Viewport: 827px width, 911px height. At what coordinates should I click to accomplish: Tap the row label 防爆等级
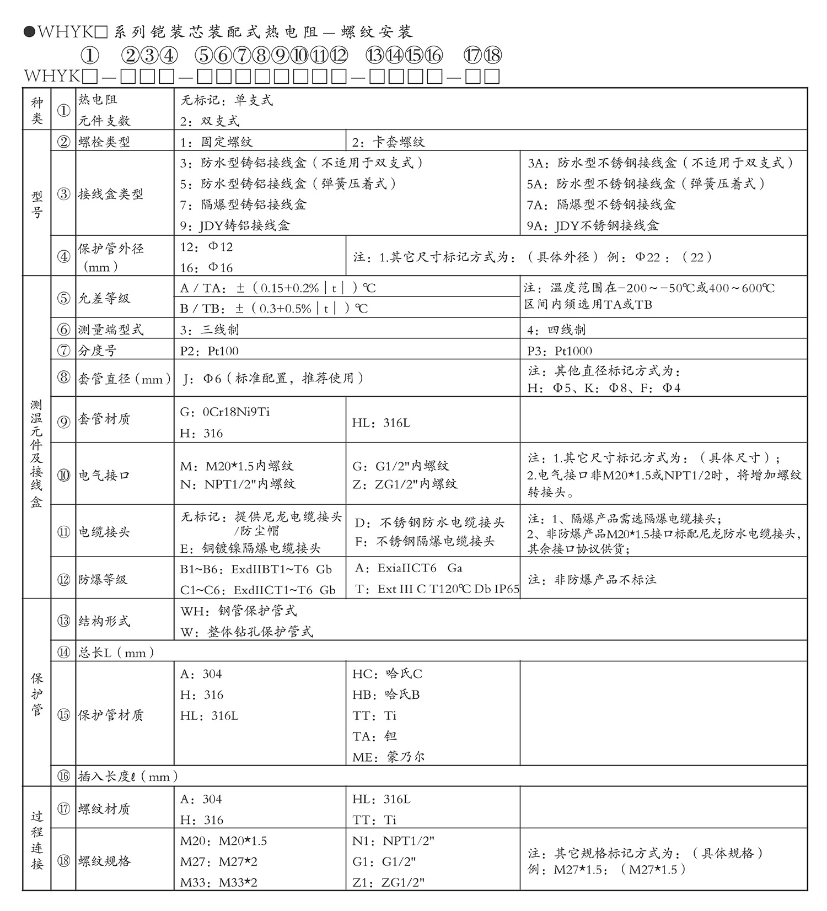click(103, 579)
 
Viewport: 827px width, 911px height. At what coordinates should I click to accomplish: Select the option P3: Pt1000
click(560, 351)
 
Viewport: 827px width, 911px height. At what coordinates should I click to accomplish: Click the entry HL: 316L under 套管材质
click(381, 423)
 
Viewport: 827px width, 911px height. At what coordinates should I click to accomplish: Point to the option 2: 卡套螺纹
click(389, 142)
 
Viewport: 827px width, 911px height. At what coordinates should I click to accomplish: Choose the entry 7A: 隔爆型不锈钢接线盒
click(601, 205)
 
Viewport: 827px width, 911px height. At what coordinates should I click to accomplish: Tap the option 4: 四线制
click(556, 330)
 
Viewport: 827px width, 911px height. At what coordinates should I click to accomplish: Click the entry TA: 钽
click(375, 736)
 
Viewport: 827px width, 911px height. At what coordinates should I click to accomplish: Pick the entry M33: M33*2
click(219, 882)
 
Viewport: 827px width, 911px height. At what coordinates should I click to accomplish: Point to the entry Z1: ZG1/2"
click(389, 882)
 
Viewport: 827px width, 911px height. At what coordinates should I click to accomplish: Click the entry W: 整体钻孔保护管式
click(246, 632)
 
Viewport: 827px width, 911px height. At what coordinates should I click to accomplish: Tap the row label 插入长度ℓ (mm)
click(128, 777)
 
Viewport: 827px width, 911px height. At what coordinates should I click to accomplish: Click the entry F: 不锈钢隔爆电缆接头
click(425, 542)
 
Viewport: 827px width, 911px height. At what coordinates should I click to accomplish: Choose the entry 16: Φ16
click(207, 268)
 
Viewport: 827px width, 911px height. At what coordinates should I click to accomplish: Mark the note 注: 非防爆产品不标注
click(592, 579)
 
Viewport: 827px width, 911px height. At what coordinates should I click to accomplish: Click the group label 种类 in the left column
click(37, 110)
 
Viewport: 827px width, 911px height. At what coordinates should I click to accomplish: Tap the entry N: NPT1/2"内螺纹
click(238, 484)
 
